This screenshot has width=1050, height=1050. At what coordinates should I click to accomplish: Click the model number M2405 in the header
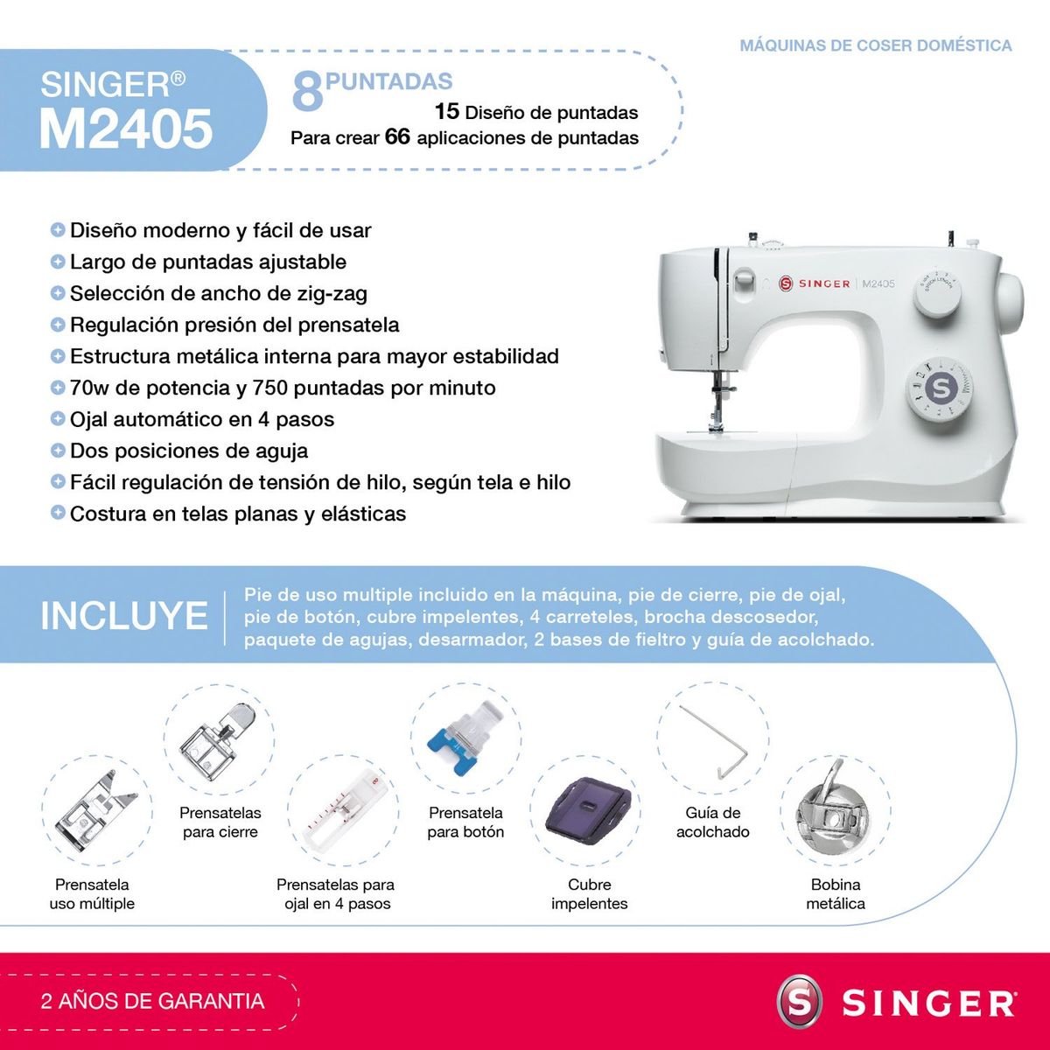[x=126, y=129]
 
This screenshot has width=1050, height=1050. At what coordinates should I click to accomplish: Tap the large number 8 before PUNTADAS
[x=306, y=92]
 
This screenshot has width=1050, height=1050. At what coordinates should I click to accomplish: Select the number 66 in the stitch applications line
[x=397, y=136]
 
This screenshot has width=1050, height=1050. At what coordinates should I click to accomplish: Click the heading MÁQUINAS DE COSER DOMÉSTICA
[x=875, y=45]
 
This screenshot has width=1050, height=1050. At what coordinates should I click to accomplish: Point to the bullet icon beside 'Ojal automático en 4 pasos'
[x=58, y=419]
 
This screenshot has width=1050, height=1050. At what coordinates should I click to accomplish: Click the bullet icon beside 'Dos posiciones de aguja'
[x=58, y=451]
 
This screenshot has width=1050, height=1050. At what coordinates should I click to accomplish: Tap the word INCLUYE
[x=123, y=615]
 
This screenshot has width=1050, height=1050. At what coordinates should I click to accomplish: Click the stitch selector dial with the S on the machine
[x=941, y=387]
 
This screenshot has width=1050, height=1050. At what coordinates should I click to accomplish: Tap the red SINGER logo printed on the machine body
[x=814, y=283]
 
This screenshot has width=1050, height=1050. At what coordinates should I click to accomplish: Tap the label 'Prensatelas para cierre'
[x=220, y=822]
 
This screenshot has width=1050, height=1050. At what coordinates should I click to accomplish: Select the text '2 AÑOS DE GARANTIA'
[x=152, y=1001]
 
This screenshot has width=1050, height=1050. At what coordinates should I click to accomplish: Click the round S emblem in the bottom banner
[x=801, y=1002]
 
